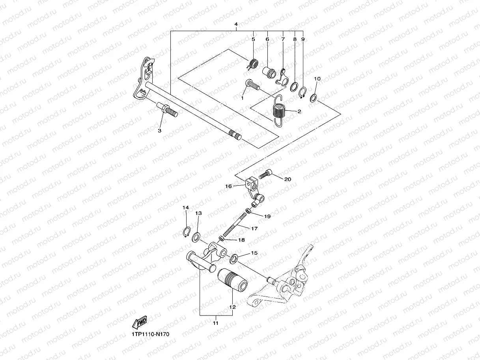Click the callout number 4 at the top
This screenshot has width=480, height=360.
click(x=236, y=24)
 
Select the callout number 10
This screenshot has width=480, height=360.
click(x=317, y=79)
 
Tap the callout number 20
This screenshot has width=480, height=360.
click(x=288, y=179)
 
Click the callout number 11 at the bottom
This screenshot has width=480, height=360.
click(x=215, y=323)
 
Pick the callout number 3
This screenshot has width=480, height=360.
click(x=160, y=130)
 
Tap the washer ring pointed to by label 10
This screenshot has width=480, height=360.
click(x=313, y=97)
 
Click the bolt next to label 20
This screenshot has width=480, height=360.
click(x=265, y=173)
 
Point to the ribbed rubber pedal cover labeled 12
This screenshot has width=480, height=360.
click(x=232, y=279)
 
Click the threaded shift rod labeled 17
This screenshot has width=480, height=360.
click(x=236, y=225)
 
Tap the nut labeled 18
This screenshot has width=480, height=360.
click(x=222, y=238)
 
